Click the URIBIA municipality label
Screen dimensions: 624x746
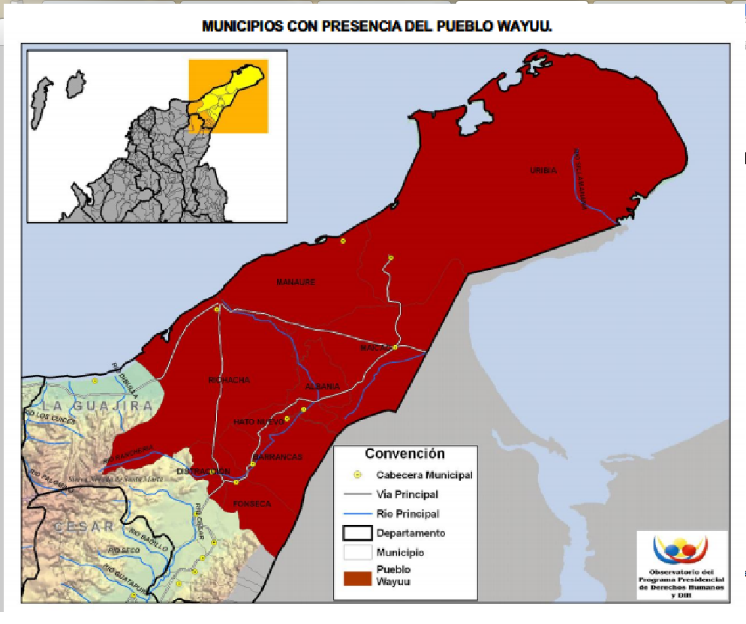pyautogui.click(x=543, y=171)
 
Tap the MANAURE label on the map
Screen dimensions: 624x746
pyautogui.click(x=296, y=282)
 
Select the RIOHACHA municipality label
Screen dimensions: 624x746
pyautogui.click(x=229, y=380)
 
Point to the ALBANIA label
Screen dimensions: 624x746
pyautogui.click(x=323, y=387)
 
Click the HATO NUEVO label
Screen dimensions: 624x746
pyautogui.click(x=258, y=422)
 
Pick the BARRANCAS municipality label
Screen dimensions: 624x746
pyautogui.click(x=278, y=457)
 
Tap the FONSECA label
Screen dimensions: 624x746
pyautogui.click(x=252, y=504)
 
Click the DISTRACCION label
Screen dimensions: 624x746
pyautogui.click(x=203, y=471)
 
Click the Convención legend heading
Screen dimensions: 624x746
pyautogui.click(x=405, y=454)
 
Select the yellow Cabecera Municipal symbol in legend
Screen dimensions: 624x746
pyautogui.click(x=358, y=475)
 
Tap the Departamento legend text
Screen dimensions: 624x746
pyautogui.click(x=411, y=533)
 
